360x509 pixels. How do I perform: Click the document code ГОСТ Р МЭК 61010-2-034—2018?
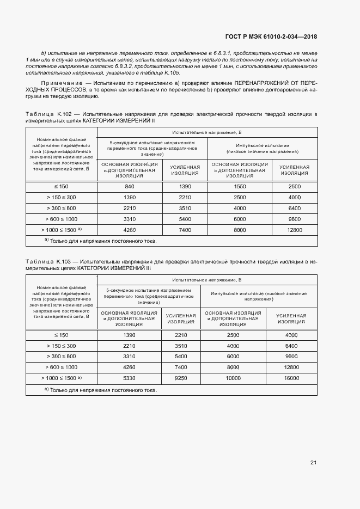coord(271,37)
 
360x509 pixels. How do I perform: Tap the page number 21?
coord(313,463)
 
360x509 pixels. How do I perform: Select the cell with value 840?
coord(129,187)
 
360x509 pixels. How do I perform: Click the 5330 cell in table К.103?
coord(129,377)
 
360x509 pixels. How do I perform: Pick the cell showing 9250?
coord(181,377)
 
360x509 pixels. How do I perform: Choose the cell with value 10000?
coord(233,377)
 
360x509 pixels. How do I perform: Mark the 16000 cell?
coord(291,377)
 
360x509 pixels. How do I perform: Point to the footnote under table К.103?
coord(100,390)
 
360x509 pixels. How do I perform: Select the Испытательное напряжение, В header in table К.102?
coord(206,132)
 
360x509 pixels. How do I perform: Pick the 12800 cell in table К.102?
coord(294,230)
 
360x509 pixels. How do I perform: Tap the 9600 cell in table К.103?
coord(291,357)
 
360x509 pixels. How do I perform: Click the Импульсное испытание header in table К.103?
coord(259,297)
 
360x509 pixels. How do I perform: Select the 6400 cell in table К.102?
coord(294,208)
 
